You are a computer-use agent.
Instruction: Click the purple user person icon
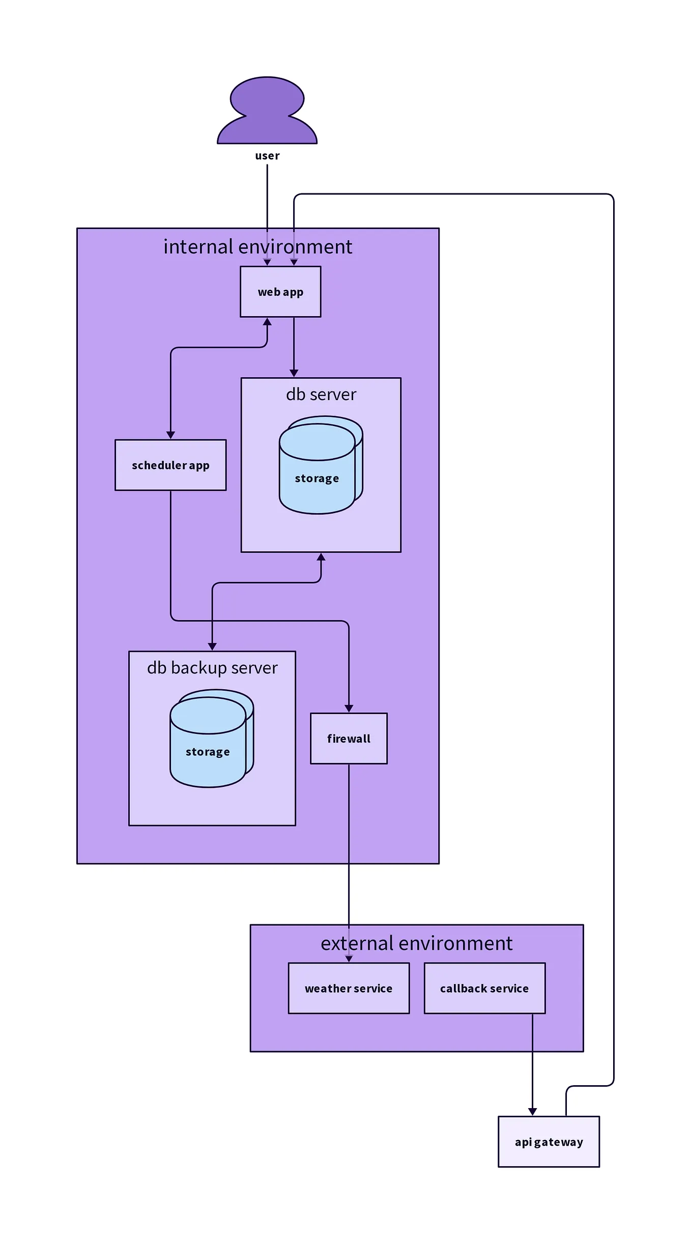tap(267, 112)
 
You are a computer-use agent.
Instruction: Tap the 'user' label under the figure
tap(267, 156)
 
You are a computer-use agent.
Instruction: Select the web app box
tap(280, 292)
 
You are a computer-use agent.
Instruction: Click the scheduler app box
tap(170, 465)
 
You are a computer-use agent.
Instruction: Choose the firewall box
tap(349, 739)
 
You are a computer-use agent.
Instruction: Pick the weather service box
tap(349, 988)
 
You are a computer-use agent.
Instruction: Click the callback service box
tap(484, 988)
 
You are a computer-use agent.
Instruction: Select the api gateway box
tap(549, 1142)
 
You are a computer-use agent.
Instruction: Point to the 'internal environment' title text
tap(257, 247)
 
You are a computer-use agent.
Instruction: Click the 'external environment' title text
tap(416, 944)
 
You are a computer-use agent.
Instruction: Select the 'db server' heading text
tap(321, 394)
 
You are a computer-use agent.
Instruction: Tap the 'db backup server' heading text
tap(212, 668)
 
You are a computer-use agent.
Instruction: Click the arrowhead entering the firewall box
tap(349, 709)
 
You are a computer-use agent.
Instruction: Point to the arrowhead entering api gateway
tap(532, 1112)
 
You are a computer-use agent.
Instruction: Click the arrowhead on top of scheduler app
tap(170, 435)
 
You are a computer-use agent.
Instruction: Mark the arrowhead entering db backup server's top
tap(212, 646)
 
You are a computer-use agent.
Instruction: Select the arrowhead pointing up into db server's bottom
tap(321, 557)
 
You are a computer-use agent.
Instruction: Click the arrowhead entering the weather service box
tap(349, 958)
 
